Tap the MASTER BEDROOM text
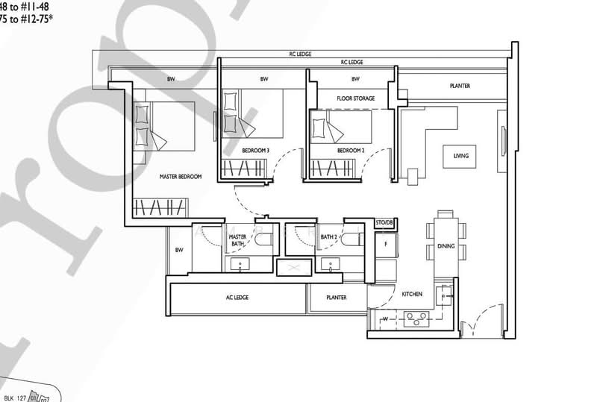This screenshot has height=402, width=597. point(181,177)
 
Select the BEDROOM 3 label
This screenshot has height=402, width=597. point(255,151)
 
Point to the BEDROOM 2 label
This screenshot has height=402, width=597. point(350,151)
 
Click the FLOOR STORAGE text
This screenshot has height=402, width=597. point(355,98)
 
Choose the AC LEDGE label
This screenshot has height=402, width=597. point(237,298)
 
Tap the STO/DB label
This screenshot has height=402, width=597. point(384,223)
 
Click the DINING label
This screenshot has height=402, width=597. point(466,245)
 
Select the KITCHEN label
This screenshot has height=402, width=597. point(412,294)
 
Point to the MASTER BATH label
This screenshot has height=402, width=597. point(237,240)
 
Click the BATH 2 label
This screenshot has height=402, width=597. point(328,237)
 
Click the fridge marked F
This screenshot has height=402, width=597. point(385,243)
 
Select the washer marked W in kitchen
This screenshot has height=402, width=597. point(384,321)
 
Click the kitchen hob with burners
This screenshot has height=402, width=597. point(415,321)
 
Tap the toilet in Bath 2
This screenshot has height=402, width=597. point(355,239)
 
